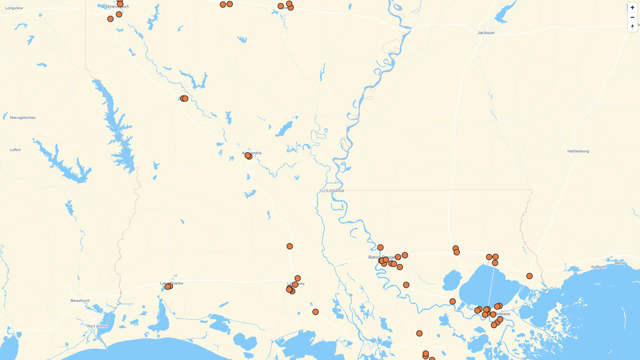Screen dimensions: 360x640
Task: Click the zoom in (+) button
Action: [632, 8]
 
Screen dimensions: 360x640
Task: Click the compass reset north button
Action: [632, 27]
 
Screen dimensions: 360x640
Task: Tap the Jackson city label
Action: [486, 33]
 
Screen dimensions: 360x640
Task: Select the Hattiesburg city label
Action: [578, 151]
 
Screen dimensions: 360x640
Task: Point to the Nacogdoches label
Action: [23, 118]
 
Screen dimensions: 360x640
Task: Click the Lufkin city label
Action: [15, 150]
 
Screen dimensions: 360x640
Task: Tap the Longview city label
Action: [14, 8]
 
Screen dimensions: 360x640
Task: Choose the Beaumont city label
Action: [80, 301]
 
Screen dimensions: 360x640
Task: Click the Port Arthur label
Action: [98, 326]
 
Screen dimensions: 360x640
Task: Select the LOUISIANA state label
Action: [333, 191]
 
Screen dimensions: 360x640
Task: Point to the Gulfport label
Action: [598, 267]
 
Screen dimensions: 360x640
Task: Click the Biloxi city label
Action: [620, 263]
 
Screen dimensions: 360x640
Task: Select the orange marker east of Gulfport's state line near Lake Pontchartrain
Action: [529, 276]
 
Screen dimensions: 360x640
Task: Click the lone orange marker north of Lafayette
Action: [290, 246]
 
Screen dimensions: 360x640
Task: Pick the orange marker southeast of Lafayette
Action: [315, 312]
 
